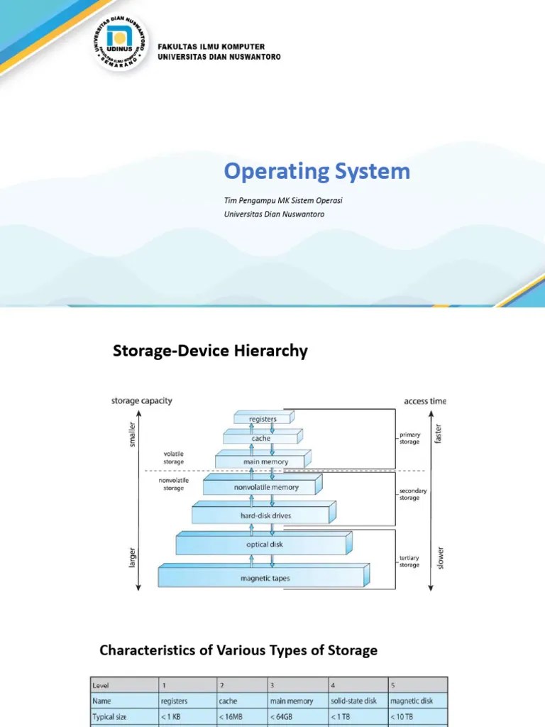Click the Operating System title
coord(317,171)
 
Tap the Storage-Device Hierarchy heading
coord(210,351)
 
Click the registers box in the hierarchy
coord(263,419)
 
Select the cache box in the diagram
coord(260,439)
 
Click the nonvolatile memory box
coord(266,488)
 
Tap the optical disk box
coord(265,545)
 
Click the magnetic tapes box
coord(265,578)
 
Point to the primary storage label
coord(409,437)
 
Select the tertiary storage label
coord(409,562)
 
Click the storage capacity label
coord(141,400)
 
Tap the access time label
coord(425,400)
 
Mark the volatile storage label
coord(173,458)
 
